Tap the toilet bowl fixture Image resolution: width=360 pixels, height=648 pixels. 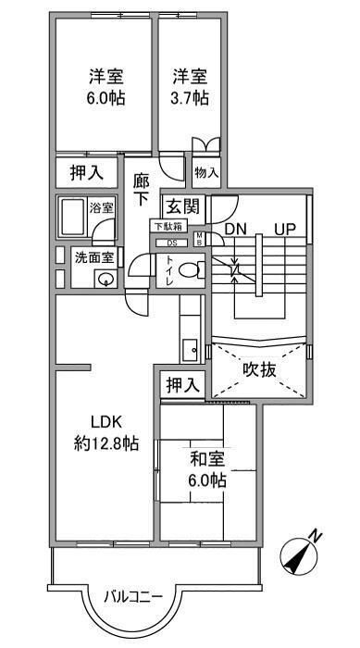click(188, 271)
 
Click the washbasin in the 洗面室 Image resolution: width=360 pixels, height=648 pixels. click(107, 280)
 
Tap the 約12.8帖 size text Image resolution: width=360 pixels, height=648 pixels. click(106, 443)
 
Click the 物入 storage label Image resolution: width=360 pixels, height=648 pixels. click(205, 173)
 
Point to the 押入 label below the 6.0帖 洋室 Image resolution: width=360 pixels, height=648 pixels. click(87, 172)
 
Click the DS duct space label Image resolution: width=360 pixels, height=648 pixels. click(171, 243)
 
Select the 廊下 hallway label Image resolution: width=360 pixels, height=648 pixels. click(142, 189)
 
